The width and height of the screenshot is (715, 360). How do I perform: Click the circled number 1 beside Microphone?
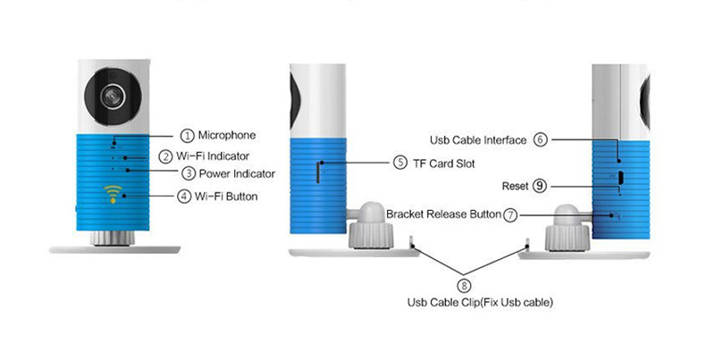pos(187,136)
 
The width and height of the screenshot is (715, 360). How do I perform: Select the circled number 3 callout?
pos(188,172)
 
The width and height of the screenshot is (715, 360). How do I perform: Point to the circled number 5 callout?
pos(400,163)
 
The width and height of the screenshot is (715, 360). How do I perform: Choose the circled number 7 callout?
pos(509,214)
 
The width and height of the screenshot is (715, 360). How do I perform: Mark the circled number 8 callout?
pos(464,286)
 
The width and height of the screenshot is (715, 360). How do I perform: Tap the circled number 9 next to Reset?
pos(539,185)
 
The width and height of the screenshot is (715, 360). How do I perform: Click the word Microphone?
pos(227,136)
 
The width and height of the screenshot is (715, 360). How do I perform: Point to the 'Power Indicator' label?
pos(237,172)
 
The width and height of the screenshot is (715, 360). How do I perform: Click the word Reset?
pos(516,185)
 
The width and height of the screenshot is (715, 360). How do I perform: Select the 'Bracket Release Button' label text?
pos(443,214)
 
